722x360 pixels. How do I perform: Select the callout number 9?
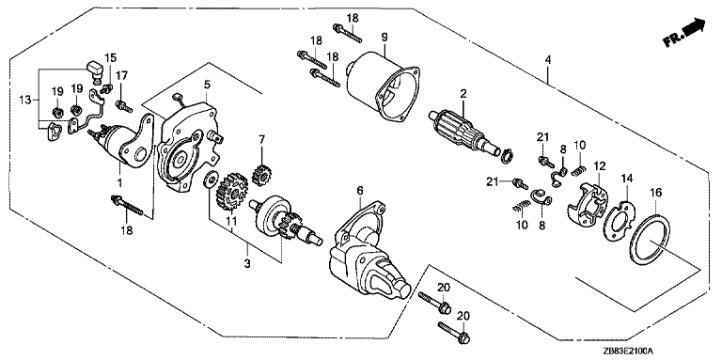tap(385, 37)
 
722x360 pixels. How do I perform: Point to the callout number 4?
tap(547, 60)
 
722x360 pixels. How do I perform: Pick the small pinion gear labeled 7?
tap(261, 175)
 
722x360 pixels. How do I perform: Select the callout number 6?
tap(360, 190)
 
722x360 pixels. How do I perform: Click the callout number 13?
tap(25, 99)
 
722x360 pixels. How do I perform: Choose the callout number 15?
tap(111, 58)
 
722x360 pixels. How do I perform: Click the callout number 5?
tap(207, 85)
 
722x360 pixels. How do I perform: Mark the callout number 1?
tap(119, 182)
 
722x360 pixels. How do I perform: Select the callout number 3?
tap(247, 264)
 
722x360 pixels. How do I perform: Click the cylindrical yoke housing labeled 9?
tap(384, 86)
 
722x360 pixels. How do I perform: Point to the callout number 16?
tap(655, 193)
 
